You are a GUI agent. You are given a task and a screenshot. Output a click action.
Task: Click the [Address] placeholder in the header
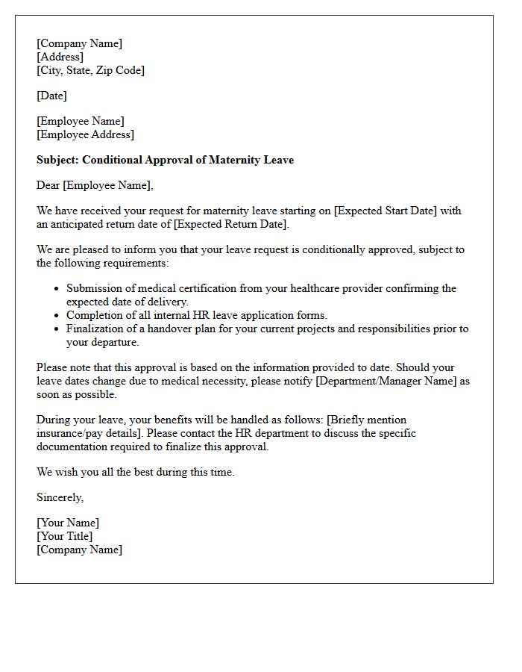click(60, 57)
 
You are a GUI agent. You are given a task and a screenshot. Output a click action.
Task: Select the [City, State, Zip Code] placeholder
click(90, 70)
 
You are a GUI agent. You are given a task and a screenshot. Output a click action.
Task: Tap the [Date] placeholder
click(51, 96)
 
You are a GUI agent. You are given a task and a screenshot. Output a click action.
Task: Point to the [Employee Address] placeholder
click(85, 134)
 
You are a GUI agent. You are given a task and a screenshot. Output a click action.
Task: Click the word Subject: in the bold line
click(58, 160)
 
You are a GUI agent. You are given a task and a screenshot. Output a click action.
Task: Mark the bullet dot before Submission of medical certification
click(57, 289)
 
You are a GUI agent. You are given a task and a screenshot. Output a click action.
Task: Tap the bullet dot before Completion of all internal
click(57, 316)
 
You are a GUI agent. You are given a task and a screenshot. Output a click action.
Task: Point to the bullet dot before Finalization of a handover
click(57, 329)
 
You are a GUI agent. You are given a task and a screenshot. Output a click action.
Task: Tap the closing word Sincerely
click(60, 497)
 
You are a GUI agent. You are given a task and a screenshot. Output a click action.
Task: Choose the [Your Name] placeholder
click(68, 523)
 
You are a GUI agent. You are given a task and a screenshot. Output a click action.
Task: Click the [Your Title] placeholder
click(65, 536)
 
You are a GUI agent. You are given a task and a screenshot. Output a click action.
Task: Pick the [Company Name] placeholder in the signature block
click(79, 550)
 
